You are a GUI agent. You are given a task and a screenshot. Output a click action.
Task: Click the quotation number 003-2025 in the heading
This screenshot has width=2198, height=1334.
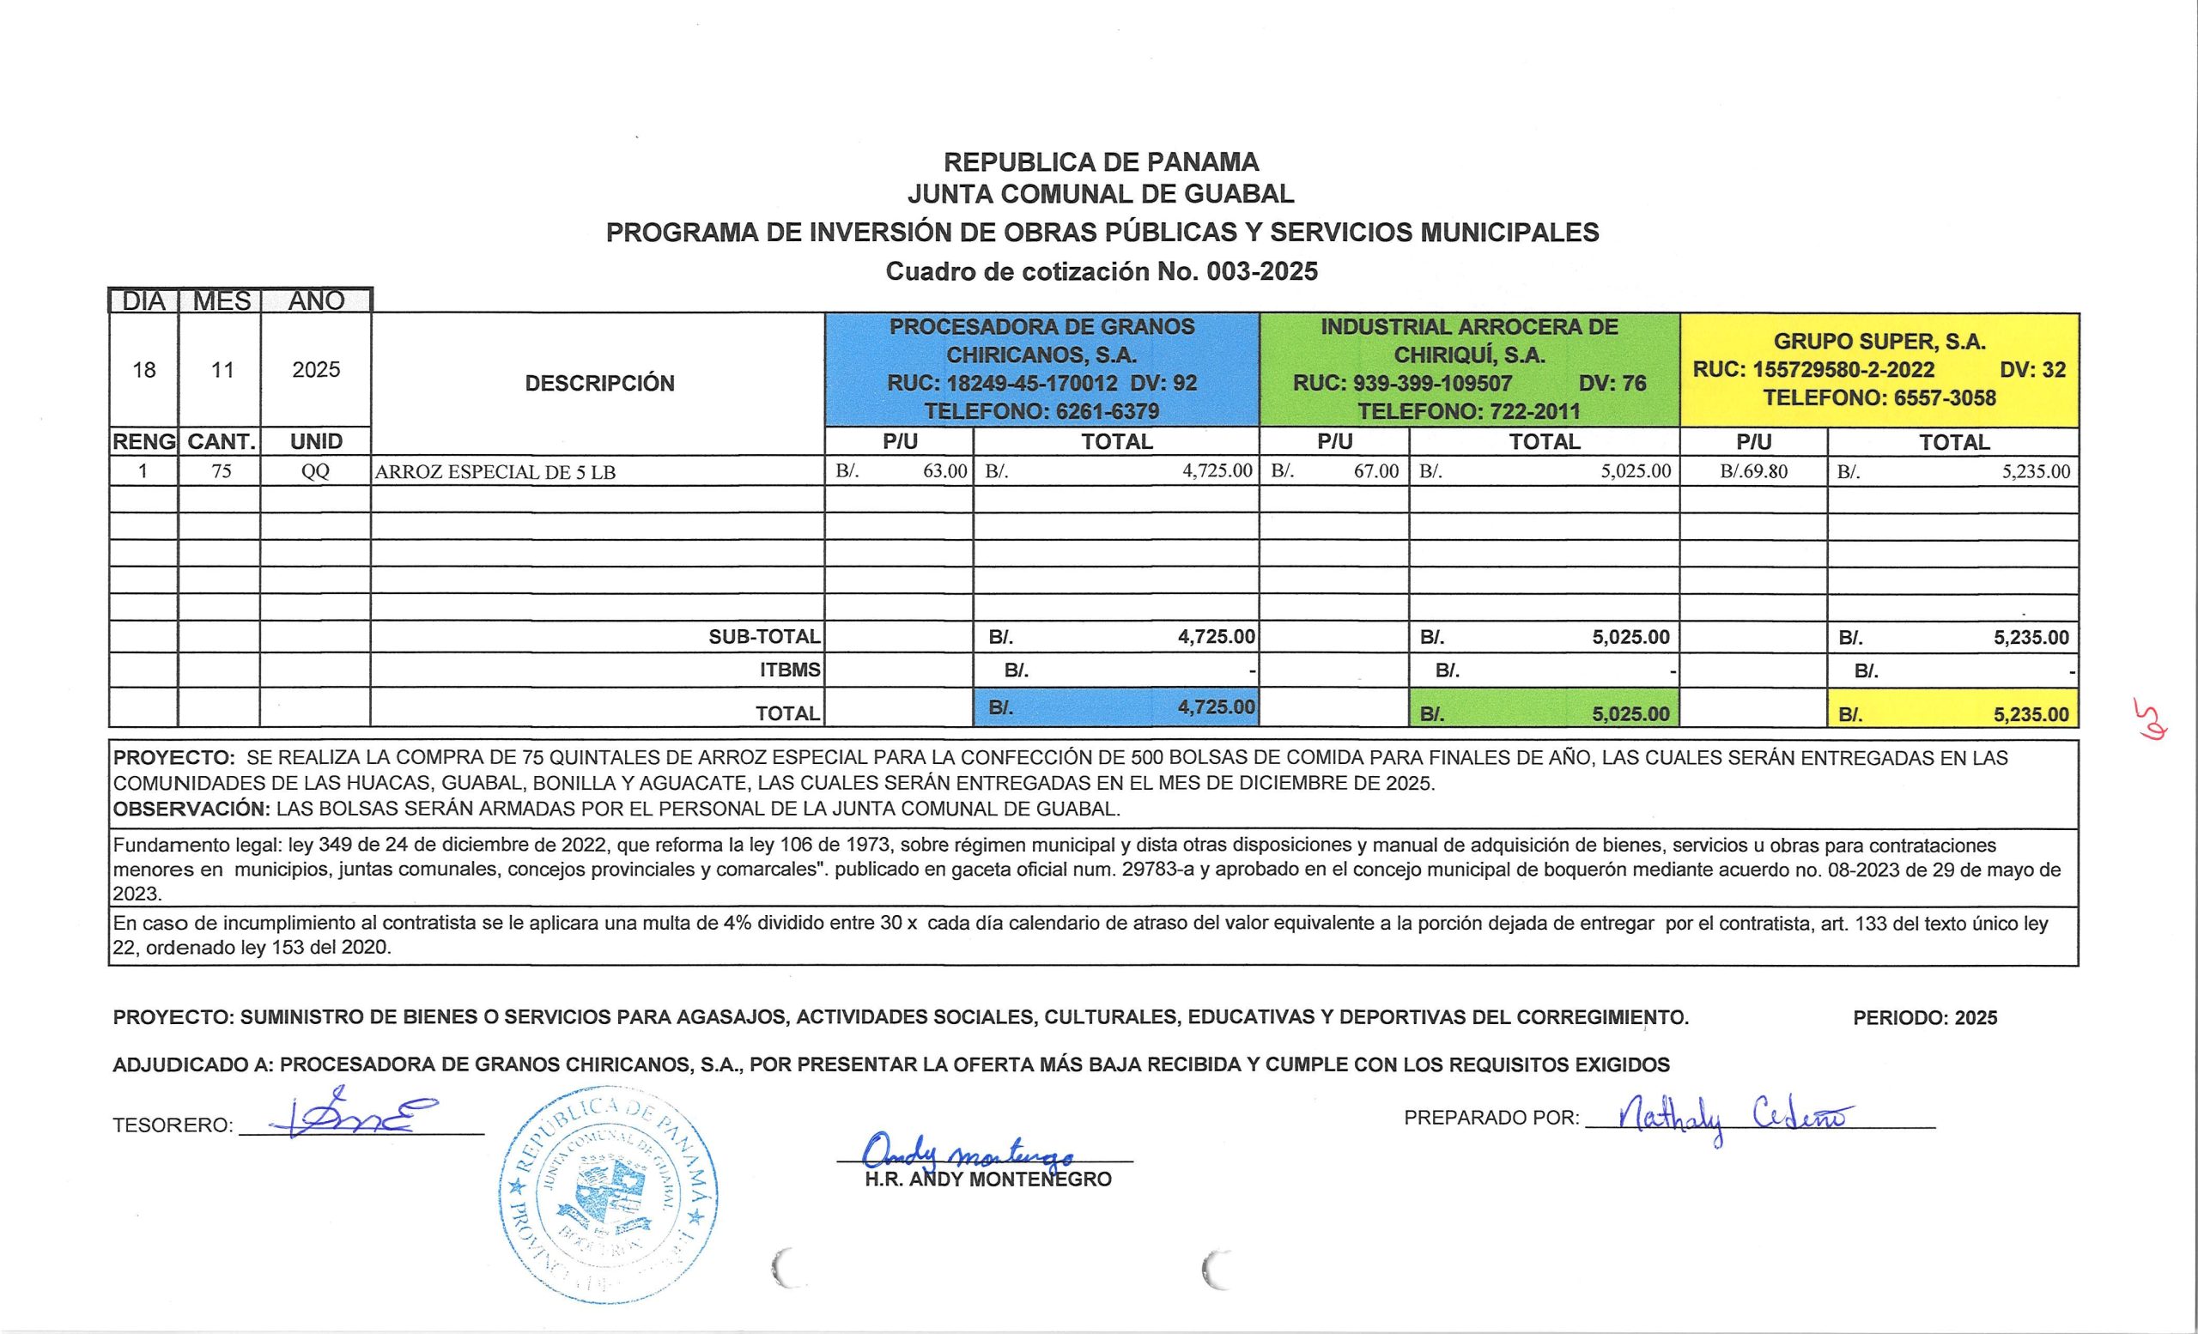click(1261, 271)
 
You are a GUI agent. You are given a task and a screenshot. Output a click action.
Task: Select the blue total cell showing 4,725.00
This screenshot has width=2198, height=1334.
click(1117, 707)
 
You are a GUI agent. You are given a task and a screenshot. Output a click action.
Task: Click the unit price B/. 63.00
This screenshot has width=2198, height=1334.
click(900, 470)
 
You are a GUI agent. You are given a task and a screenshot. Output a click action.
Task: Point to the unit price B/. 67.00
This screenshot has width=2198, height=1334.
click(1334, 470)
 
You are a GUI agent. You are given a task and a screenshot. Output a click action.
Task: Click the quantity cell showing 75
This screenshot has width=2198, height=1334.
click(221, 470)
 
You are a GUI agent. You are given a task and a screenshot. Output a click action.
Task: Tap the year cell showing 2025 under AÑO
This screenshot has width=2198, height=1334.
click(316, 369)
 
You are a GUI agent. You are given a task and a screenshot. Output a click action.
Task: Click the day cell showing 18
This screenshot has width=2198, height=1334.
click(143, 369)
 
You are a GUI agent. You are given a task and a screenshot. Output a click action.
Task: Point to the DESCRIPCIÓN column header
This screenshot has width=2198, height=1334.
click(599, 384)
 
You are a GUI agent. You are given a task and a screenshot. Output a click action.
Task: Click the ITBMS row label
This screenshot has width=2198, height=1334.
click(789, 670)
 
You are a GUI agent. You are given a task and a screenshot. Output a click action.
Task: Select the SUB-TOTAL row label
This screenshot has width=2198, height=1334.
click(764, 637)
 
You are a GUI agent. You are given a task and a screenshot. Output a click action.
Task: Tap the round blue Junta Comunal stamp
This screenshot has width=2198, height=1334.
click(610, 1194)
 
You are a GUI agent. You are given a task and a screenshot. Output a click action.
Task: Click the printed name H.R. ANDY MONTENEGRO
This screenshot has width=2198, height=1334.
click(988, 1179)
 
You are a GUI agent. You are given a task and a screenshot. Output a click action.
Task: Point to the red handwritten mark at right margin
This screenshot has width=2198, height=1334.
click(2143, 721)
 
